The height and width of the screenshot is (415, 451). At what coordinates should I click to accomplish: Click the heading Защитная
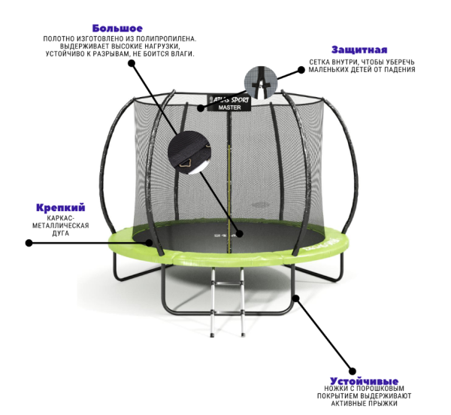(361, 50)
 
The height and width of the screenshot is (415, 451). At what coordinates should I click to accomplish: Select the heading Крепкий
(61, 207)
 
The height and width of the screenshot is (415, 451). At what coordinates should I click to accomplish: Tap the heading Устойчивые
(364, 381)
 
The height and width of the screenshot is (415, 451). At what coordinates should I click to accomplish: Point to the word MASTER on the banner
(231, 108)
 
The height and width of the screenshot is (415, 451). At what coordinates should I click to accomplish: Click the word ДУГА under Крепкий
(61, 233)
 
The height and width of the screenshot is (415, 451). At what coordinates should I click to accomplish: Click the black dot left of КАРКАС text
(29, 243)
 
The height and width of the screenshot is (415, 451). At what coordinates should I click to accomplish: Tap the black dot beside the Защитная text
(301, 70)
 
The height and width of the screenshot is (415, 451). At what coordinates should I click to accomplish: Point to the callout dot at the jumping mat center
(240, 234)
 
